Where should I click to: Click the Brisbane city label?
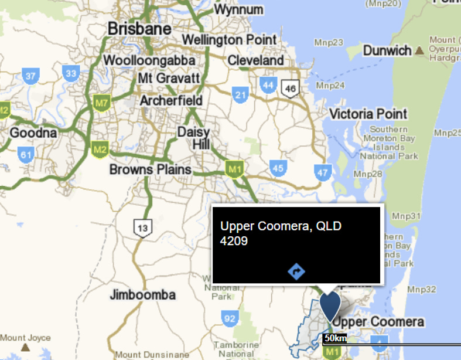(x=139, y=29)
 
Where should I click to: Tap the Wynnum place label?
(x=238, y=10)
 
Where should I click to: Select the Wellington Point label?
(x=229, y=40)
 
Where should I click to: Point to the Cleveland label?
(x=255, y=60)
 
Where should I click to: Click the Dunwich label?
(x=387, y=50)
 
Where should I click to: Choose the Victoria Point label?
(x=368, y=114)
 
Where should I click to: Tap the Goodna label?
(x=33, y=133)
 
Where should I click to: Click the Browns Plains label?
(x=151, y=169)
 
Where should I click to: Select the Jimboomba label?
(x=142, y=294)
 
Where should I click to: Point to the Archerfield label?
(x=171, y=101)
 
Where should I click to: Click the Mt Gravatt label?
(x=169, y=78)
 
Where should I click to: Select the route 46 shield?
(x=289, y=88)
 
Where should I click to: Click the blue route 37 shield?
(x=30, y=75)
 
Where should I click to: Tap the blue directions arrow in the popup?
(x=297, y=271)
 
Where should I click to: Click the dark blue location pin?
(x=330, y=307)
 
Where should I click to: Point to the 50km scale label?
(x=334, y=338)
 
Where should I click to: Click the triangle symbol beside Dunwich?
(x=419, y=51)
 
